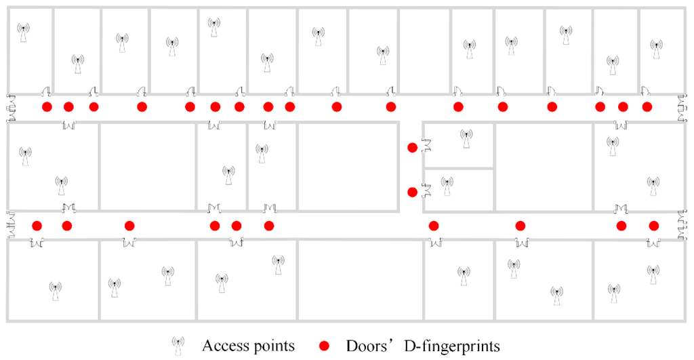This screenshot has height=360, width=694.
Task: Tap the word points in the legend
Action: tap(273, 346)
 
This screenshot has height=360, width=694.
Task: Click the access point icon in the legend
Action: tap(178, 345)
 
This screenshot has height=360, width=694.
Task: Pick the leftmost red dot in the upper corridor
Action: tap(47, 107)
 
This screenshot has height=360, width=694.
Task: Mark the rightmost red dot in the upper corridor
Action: tap(647, 106)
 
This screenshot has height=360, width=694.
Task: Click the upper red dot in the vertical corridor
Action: tap(412, 148)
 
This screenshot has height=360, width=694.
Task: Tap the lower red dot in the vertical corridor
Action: tap(412, 192)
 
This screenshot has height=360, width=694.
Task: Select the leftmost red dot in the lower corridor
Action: tap(37, 226)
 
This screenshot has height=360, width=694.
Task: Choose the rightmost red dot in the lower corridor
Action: tap(654, 226)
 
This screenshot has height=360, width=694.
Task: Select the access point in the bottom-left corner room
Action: tap(55, 291)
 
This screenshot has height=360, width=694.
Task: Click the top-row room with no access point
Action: tap(424, 51)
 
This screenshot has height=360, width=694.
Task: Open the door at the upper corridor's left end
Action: tap(12, 108)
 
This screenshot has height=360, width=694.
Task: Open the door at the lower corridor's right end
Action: tap(682, 226)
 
